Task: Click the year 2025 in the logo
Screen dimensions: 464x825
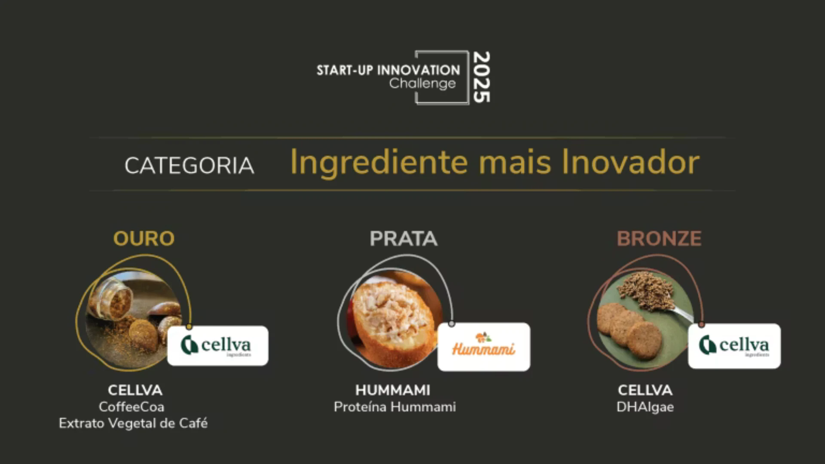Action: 481,77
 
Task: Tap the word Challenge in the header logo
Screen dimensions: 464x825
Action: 422,83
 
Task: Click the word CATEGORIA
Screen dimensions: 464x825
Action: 189,166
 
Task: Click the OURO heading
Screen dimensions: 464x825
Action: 144,239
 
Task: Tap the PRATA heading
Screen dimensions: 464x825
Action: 403,239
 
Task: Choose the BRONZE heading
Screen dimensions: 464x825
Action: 659,239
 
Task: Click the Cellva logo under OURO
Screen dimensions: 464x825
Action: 218,346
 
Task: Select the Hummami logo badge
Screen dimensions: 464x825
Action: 484,347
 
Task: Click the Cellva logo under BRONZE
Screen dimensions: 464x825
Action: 734,346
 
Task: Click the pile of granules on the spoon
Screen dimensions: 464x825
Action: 647,290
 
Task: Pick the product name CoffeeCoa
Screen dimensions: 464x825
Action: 131,407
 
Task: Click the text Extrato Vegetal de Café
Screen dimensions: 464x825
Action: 133,424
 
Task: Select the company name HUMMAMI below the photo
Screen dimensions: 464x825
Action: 393,390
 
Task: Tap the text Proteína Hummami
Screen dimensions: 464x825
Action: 395,407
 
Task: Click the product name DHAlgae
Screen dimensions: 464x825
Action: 645,407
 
